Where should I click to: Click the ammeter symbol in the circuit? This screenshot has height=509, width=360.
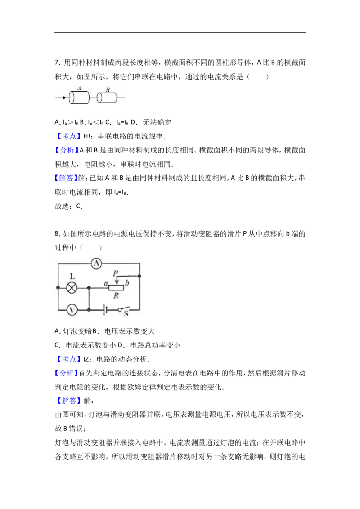[96, 263]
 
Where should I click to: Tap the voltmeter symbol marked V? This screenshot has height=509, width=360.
[72, 310]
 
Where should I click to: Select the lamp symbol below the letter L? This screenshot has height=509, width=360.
[72, 288]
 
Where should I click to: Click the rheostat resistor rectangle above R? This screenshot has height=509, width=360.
[116, 288]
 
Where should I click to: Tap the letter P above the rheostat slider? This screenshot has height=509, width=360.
[115, 273]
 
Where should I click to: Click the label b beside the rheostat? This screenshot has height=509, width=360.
[127, 283]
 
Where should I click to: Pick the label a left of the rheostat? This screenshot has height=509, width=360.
[106, 283]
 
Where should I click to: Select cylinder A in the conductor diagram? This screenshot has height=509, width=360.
[79, 98]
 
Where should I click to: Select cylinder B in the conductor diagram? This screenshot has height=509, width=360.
[107, 98]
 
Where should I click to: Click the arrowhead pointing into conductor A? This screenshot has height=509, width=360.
[65, 98]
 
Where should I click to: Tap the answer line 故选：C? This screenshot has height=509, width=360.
[68, 206]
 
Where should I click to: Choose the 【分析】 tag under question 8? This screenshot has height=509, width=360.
[67, 373]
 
